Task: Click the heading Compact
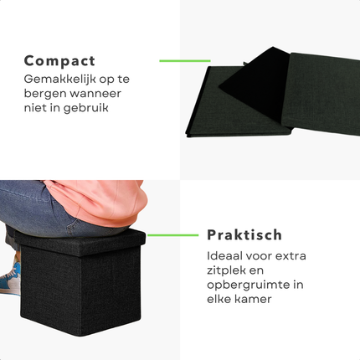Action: coord(59,61)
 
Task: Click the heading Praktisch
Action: coord(244,235)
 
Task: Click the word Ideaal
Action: coord(224,255)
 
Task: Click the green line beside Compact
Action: coord(183,60)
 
